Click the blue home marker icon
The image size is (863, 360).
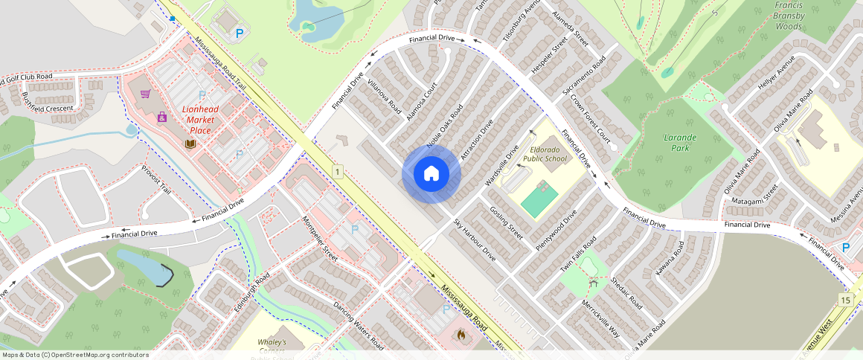click(x=431, y=174)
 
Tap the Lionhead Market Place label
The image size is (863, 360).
click(x=200, y=120)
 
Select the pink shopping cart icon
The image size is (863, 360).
click(x=146, y=94)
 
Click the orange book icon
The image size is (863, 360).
click(x=190, y=143)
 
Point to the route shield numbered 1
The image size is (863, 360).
click(x=338, y=173)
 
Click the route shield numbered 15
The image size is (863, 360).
click(x=844, y=299)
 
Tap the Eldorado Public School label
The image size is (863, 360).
click(x=545, y=154)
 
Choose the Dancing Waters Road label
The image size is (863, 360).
click(x=359, y=327)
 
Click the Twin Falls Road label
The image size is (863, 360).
click(x=578, y=254)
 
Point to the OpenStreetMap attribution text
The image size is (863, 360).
click(x=74, y=355)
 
